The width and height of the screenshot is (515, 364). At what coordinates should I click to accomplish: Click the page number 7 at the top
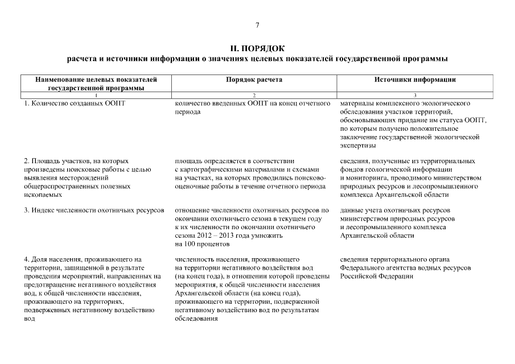coord(257,25)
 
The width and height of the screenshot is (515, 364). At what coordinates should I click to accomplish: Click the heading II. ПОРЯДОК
coord(257,48)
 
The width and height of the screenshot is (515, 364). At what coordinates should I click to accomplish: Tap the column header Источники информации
coord(415,80)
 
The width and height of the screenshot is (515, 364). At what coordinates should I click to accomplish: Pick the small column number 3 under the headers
coord(415,94)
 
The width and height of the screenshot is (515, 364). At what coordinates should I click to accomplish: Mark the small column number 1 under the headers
coord(96,94)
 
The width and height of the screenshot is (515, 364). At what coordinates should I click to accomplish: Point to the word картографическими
coord(213,169)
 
